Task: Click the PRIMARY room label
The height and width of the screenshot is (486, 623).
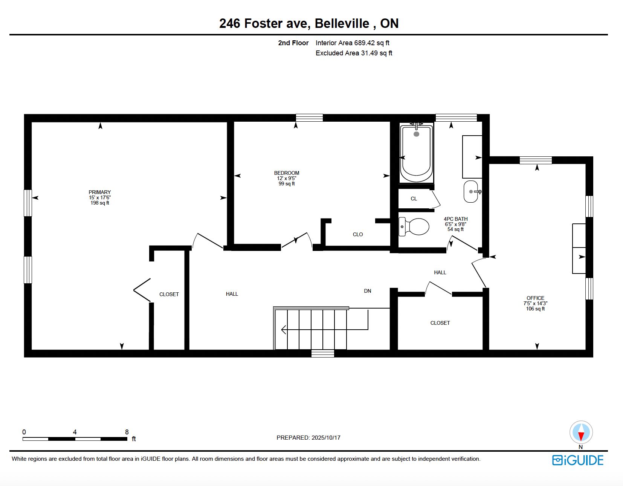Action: click(x=99, y=192)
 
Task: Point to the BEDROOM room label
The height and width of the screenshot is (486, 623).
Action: click(x=286, y=173)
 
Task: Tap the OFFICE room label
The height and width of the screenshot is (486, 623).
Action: click(x=535, y=298)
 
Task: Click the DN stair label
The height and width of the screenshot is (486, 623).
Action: click(x=367, y=291)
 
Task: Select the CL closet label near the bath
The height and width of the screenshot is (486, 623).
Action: click(x=414, y=199)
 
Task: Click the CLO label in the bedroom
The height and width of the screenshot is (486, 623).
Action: click(x=358, y=234)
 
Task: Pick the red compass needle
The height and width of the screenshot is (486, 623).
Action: click(x=581, y=436)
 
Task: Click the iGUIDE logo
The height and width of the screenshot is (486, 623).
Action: click(x=578, y=460)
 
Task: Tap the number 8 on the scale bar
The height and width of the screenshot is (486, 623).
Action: click(x=127, y=432)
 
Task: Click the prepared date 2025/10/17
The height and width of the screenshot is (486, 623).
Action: click(x=326, y=437)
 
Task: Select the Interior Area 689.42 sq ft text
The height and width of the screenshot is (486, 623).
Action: click(x=352, y=43)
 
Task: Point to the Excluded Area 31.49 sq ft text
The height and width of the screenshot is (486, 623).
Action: click(x=354, y=53)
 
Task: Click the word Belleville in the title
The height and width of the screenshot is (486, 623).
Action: click(x=342, y=23)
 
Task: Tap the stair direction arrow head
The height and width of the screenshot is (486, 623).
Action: click(x=284, y=330)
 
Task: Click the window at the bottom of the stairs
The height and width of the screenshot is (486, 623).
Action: click(x=322, y=353)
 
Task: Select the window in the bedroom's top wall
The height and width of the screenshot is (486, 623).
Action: click(x=309, y=118)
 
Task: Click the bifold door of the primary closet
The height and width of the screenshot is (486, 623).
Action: click(x=142, y=290)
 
